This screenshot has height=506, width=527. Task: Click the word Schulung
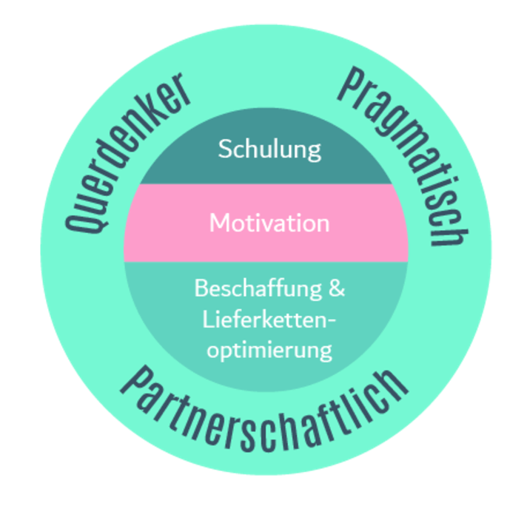click(x=269, y=149)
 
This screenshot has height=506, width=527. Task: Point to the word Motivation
click(x=269, y=223)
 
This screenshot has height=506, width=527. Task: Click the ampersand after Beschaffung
click(x=336, y=288)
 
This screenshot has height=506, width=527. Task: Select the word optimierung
click(x=269, y=349)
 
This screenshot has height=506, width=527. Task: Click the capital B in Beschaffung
click(x=200, y=288)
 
